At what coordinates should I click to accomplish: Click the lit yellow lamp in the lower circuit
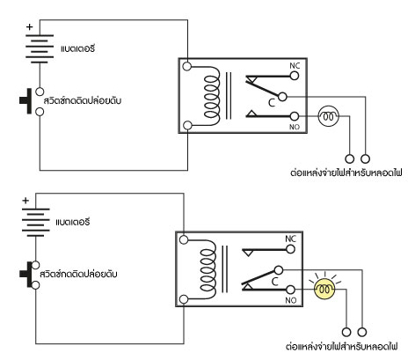[x=324, y=289]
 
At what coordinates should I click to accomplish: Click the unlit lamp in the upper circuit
[x=329, y=116]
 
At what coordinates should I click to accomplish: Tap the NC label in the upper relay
[x=295, y=65]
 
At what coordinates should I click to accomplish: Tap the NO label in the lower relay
[x=291, y=300]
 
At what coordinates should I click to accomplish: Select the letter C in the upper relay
[x=272, y=102]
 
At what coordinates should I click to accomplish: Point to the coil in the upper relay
[x=212, y=96]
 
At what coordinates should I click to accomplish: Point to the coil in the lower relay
[x=208, y=269]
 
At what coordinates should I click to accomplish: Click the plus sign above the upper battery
[x=29, y=27]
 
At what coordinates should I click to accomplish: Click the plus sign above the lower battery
[x=25, y=201]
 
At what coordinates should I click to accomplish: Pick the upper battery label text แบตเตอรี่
[x=77, y=48]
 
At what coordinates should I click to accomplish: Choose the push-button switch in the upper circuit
[x=32, y=101]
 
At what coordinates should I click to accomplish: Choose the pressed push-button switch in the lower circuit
[x=29, y=275]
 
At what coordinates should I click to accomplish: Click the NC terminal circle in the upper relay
[x=295, y=76]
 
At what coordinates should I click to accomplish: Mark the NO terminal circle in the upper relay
[x=295, y=116]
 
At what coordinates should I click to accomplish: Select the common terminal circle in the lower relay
[x=279, y=270]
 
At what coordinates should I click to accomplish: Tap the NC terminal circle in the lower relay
[x=290, y=249]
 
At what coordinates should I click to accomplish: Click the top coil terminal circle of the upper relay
[x=186, y=66]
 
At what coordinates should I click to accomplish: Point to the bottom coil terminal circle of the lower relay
[x=184, y=299]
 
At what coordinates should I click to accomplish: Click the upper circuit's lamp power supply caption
[x=346, y=173]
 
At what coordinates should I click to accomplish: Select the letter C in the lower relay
[x=274, y=282]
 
